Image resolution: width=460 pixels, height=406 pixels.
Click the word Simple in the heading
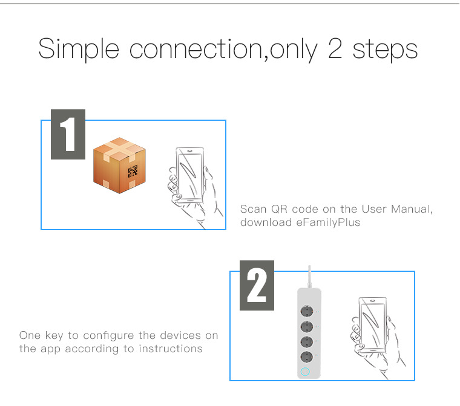click(x=79, y=49)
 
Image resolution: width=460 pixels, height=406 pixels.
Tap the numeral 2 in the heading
click(x=335, y=48)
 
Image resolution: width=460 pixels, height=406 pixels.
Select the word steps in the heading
click(x=385, y=50)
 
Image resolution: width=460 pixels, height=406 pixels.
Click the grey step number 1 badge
click(x=68, y=135)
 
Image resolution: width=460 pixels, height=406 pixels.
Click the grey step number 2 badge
click(x=257, y=285)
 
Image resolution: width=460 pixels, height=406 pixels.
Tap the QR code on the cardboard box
click(x=133, y=172)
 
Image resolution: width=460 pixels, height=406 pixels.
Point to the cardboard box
click(x=119, y=165)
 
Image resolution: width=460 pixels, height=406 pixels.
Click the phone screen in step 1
click(x=189, y=175)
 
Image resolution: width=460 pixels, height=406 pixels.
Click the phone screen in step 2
click(x=373, y=326)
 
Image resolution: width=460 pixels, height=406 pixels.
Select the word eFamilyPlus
click(x=328, y=222)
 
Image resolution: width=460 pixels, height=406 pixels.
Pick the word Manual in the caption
click(x=412, y=209)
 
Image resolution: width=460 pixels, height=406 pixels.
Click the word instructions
click(x=171, y=349)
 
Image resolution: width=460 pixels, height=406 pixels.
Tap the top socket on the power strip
click(x=307, y=311)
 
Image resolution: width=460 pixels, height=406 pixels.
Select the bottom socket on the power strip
click(x=307, y=356)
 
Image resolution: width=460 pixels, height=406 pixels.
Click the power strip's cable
click(x=309, y=277)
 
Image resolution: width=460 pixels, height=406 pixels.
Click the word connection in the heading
click(x=195, y=49)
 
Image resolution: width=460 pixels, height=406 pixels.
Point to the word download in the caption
click(x=266, y=222)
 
